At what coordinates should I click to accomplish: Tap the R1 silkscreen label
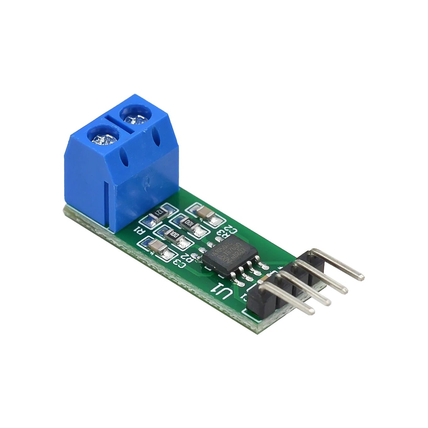(x=138, y=231)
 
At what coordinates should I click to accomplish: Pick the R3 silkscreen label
(x=222, y=234)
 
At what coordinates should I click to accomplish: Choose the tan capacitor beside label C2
(x=204, y=214)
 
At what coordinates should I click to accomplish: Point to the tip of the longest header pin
(x=362, y=278)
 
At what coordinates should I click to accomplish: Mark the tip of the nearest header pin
(x=312, y=311)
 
